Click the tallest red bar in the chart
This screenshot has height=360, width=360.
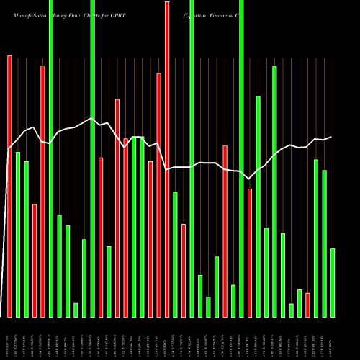tap(167, 158)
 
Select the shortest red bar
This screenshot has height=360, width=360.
tap(307, 305)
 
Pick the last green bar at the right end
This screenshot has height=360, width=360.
tap(333, 282)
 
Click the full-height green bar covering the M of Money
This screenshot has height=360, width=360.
tap(51, 158)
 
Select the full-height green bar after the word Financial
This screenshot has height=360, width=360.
tap(241, 158)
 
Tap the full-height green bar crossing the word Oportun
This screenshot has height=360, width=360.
tap(192, 158)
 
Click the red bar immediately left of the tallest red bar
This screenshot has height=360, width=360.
tap(159, 194)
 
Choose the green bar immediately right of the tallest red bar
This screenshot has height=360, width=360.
tap(175, 254)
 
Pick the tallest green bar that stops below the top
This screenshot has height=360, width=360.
tap(274, 191)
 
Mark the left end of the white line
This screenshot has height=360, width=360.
tap(9, 149)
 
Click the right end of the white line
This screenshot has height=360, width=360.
tap(331, 137)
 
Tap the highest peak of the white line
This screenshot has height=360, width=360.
tap(91, 119)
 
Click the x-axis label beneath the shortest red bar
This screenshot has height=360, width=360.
tap(307, 338)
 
